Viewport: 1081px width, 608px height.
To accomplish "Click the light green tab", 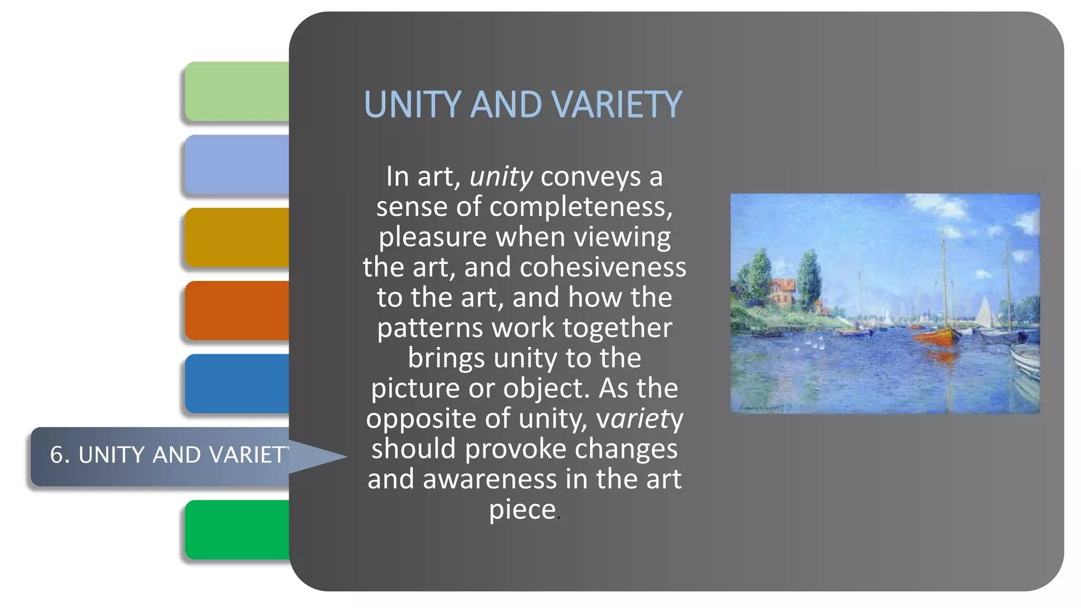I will (237, 91).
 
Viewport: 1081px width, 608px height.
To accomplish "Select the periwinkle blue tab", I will (237, 164).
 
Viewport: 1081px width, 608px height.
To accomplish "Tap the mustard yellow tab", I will (237, 237).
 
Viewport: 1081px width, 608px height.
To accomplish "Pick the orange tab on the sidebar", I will (237, 310).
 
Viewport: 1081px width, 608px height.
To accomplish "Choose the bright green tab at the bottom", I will (237, 529).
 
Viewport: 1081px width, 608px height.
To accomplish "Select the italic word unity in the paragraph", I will (501, 177).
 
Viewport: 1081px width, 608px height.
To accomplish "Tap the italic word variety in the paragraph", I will (639, 419).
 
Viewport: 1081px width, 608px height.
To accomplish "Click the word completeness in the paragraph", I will (581, 207).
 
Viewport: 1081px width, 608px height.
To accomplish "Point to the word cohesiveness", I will (603, 268).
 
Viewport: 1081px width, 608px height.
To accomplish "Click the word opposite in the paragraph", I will (421, 419).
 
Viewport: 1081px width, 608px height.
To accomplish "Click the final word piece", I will (523, 510).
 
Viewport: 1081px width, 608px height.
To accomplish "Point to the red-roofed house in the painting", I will (782, 292).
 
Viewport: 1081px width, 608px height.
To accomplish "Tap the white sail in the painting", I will (984, 312).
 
